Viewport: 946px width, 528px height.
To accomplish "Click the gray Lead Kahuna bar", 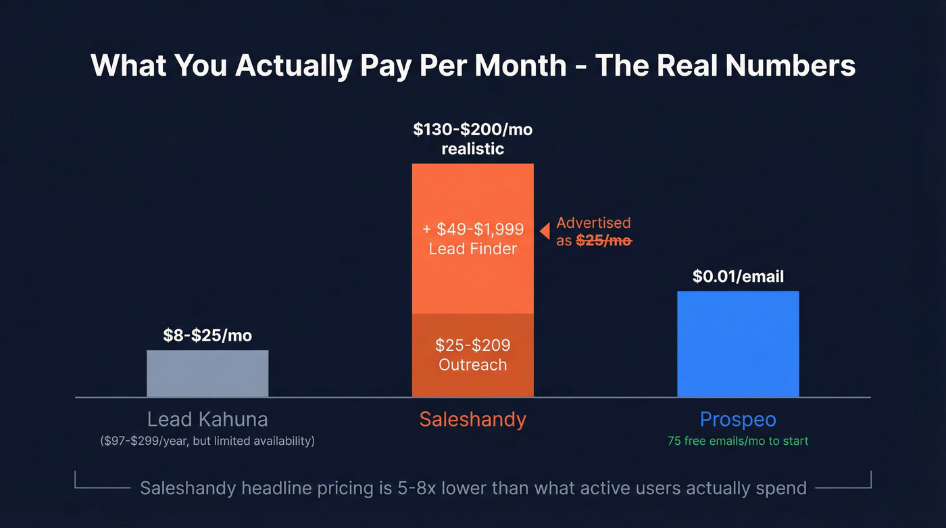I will tap(207, 373).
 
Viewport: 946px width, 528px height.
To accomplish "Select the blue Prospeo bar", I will tap(738, 344).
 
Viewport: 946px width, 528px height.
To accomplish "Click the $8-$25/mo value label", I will tap(207, 335).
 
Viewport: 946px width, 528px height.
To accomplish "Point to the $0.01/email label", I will tap(738, 276).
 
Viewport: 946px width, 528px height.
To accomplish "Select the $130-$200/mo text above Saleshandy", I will tap(472, 129).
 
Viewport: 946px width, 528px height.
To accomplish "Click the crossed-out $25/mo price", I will tap(603, 241).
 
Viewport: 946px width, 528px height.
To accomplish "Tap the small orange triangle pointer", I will tap(544, 231).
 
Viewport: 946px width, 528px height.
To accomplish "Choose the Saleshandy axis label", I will tap(472, 419).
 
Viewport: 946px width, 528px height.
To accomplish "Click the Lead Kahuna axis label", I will tap(207, 419).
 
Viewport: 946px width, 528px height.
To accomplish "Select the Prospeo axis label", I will tap(738, 419).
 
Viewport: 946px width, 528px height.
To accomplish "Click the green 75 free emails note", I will tap(738, 441).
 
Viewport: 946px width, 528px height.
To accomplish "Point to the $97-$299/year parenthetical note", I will tap(207, 441).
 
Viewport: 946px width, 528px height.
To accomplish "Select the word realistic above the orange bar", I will tap(472, 149).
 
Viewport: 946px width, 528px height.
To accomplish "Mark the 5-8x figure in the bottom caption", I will tap(415, 487).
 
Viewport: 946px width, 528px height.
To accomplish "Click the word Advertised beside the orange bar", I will tap(593, 222).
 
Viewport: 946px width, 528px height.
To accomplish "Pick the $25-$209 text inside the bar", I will tap(472, 345).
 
